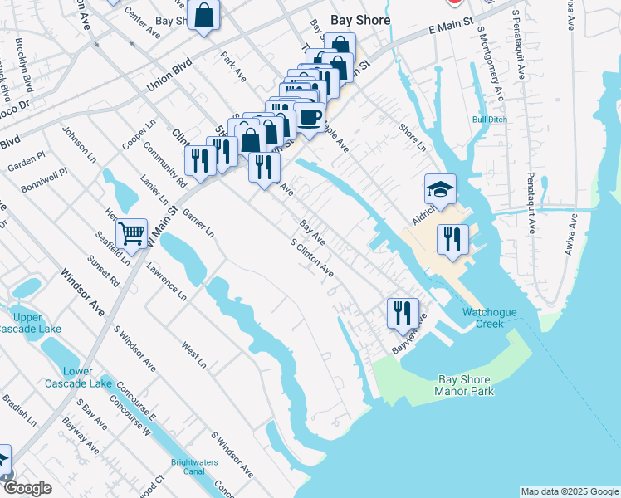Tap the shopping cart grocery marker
coord(131,234)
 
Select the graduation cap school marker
coord(440,190)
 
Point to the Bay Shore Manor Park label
coord(466,385)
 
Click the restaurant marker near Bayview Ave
coord(401,313)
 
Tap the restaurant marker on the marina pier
coord(451,239)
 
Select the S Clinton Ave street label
coord(311,259)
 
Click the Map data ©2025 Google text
coord(569,491)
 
